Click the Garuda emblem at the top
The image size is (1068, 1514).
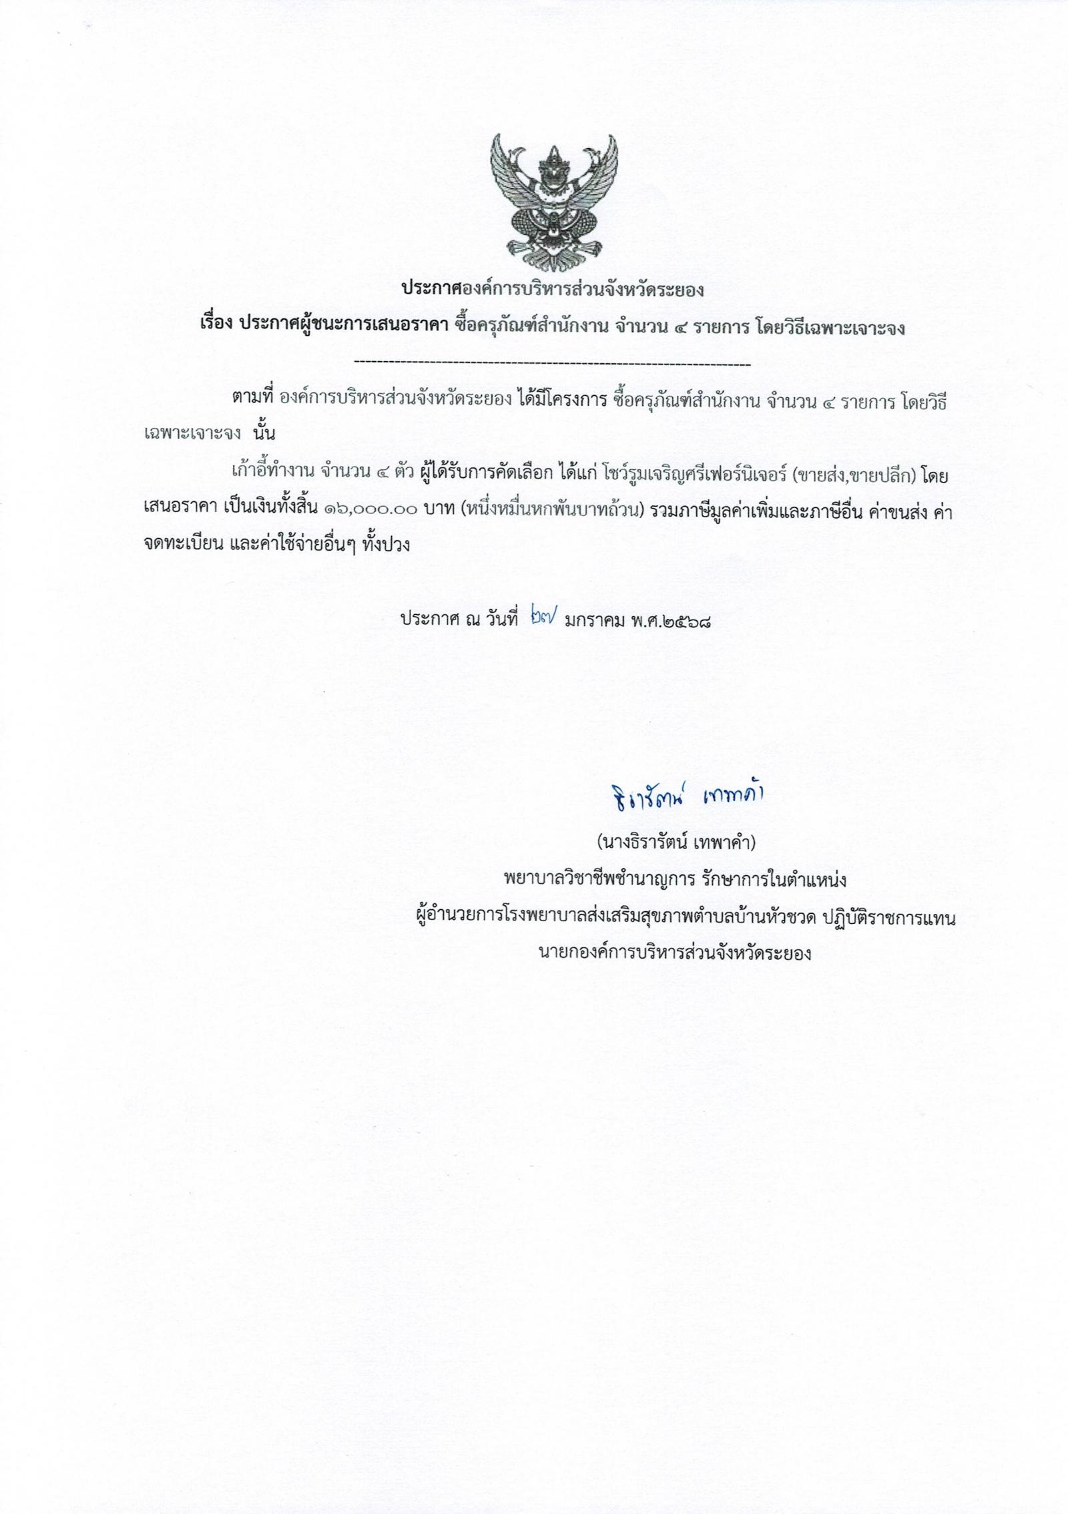tap(553, 201)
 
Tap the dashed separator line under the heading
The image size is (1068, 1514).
tap(553, 364)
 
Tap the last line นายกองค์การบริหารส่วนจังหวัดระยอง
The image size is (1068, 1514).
tap(675, 953)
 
